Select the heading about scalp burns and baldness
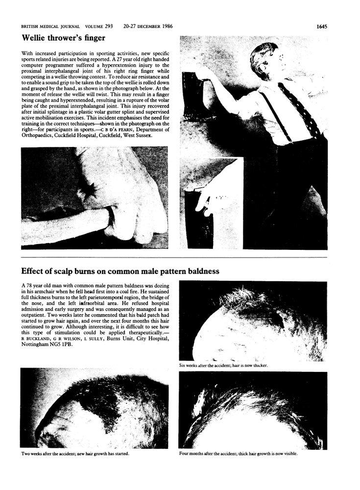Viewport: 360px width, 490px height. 120,271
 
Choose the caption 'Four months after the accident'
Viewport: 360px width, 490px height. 239,453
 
